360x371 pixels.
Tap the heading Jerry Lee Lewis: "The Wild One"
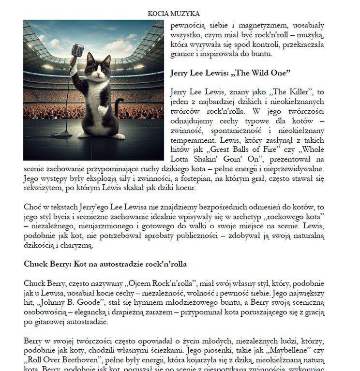pos(230,73)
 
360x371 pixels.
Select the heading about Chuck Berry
pos(105,264)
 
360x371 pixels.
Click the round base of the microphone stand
pos(63,133)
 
